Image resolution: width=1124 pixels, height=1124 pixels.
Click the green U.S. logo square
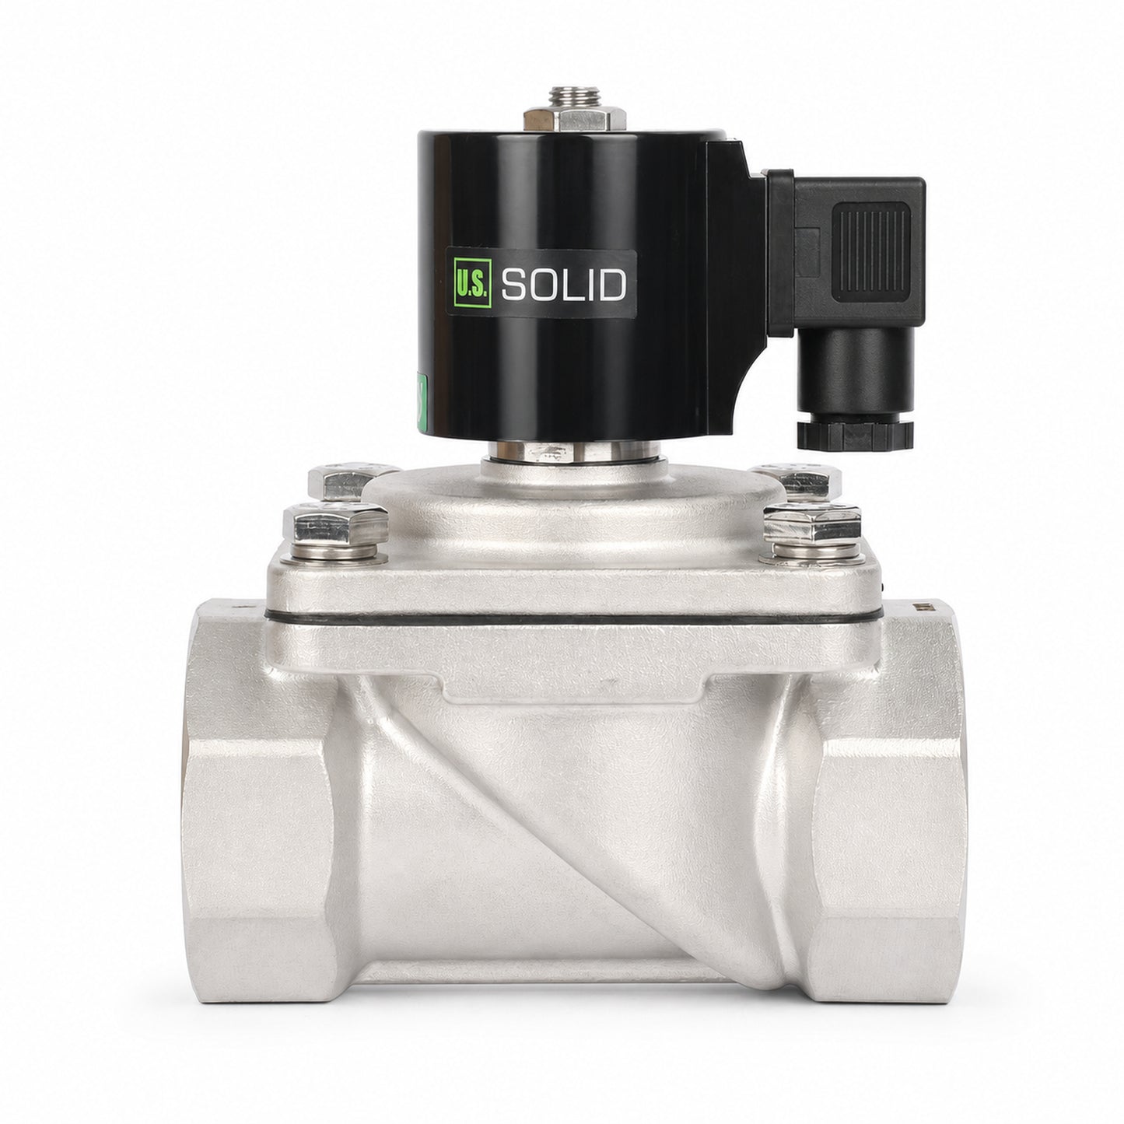coord(472,283)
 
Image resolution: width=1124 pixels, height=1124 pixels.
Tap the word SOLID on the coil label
coord(563,285)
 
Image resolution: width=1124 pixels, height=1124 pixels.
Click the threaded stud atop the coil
coord(575,97)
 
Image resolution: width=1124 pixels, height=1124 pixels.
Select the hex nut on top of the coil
coord(575,120)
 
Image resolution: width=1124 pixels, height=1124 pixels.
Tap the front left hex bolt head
coord(335,523)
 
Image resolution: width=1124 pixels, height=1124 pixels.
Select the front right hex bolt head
coord(812,523)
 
